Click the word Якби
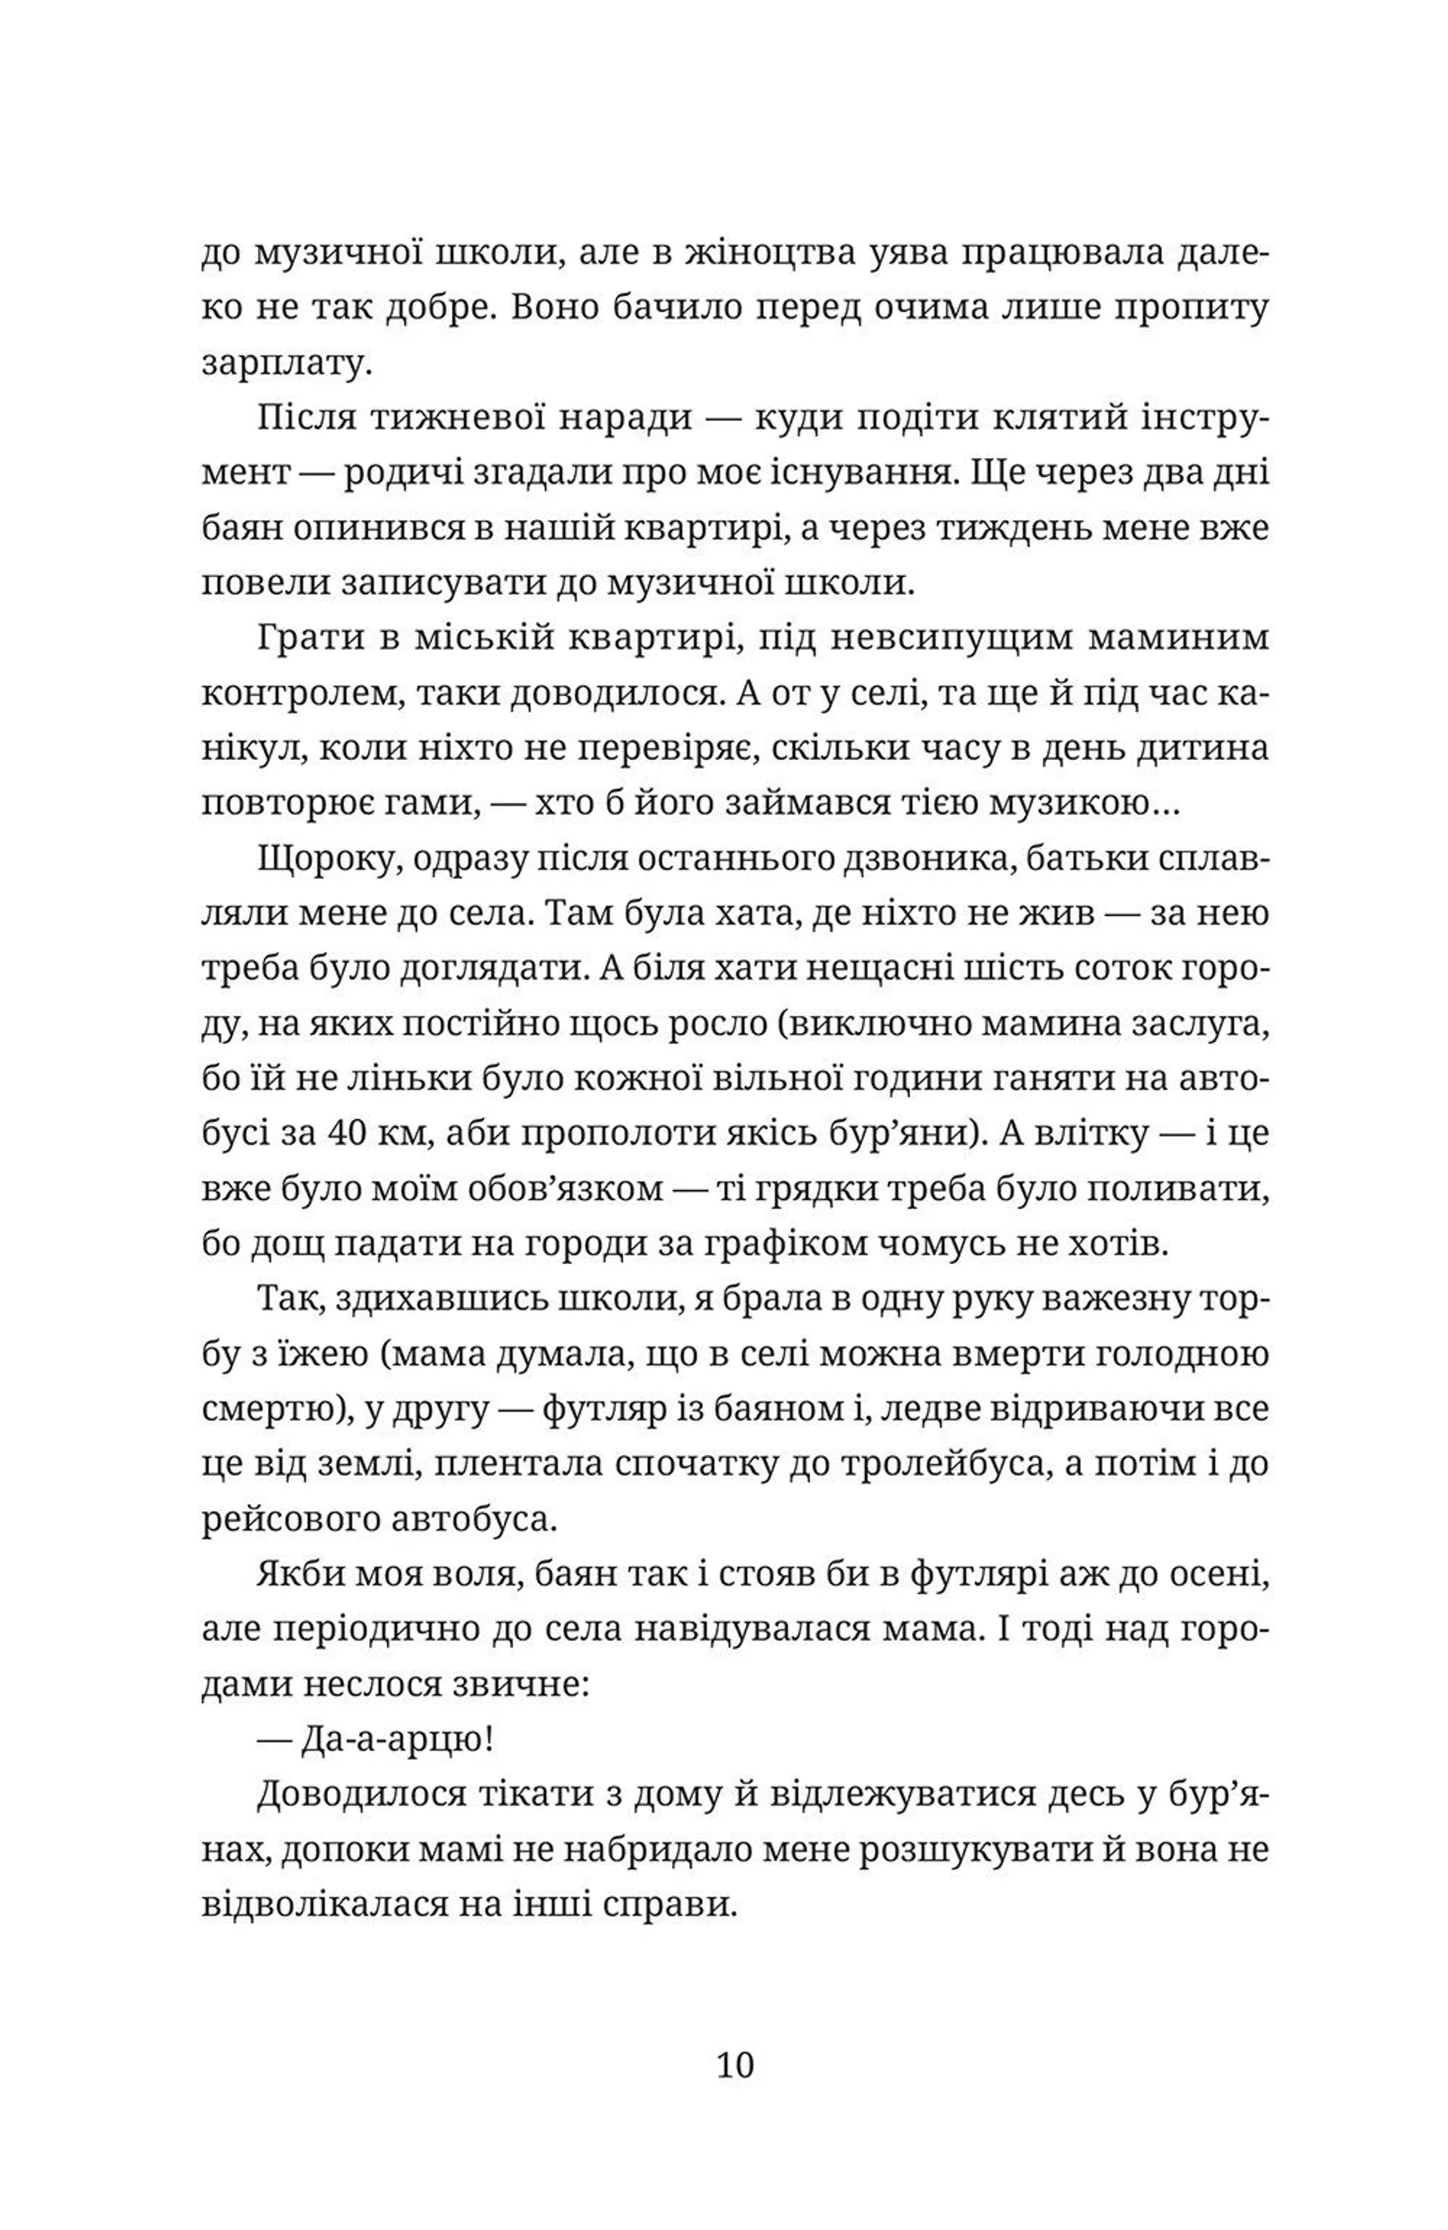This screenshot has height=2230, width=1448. click(297, 1576)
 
